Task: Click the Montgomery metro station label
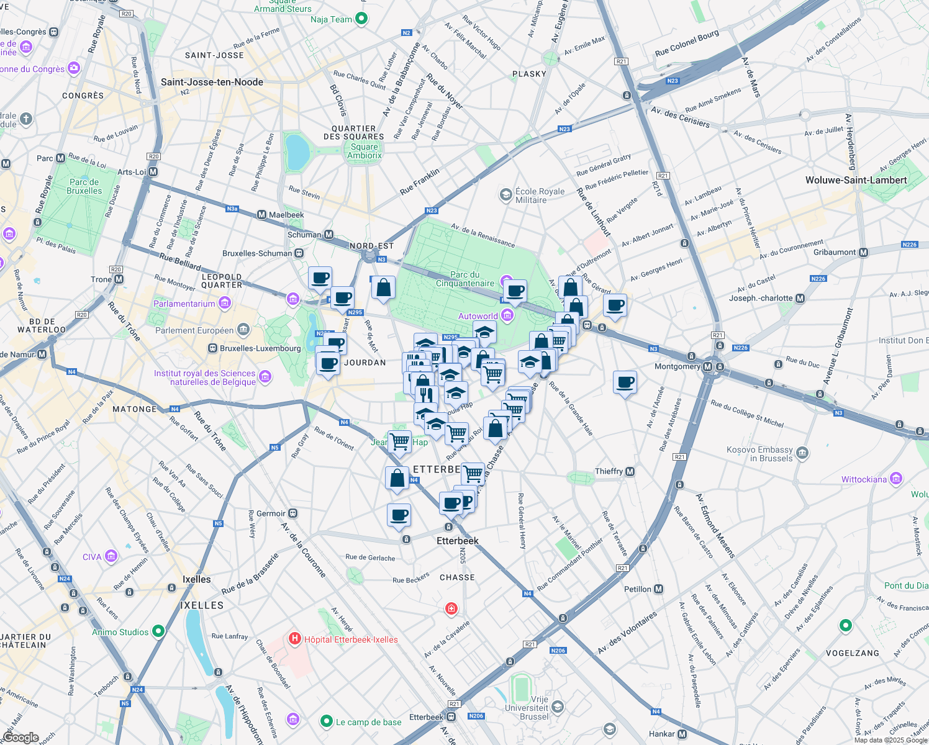click(677, 366)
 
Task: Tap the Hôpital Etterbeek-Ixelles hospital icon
click(295, 638)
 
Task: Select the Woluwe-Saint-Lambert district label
click(856, 180)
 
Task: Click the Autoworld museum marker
click(507, 315)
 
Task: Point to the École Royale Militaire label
click(539, 196)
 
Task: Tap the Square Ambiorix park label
click(364, 151)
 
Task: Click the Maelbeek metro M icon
click(261, 215)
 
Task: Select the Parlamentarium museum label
click(184, 304)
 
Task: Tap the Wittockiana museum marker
click(895, 479)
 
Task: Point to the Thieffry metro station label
click(609, 471)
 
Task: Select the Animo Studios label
click(120, 632)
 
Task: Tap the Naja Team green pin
click(361, 19)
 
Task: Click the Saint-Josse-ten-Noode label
click(212, 82)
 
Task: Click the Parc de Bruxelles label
click(84, 186)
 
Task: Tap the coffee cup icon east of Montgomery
click(625, 382)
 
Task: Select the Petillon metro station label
click(638, 589)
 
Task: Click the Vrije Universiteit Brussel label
click(526, 708)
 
